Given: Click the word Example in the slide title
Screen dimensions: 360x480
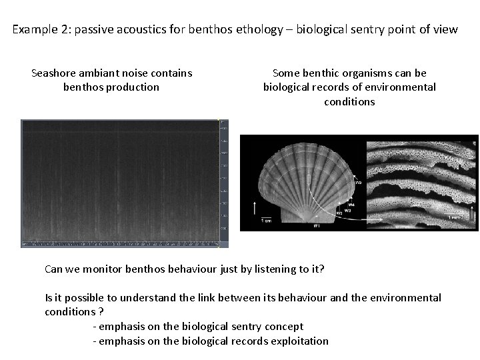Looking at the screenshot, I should click(x=34, y=30).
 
